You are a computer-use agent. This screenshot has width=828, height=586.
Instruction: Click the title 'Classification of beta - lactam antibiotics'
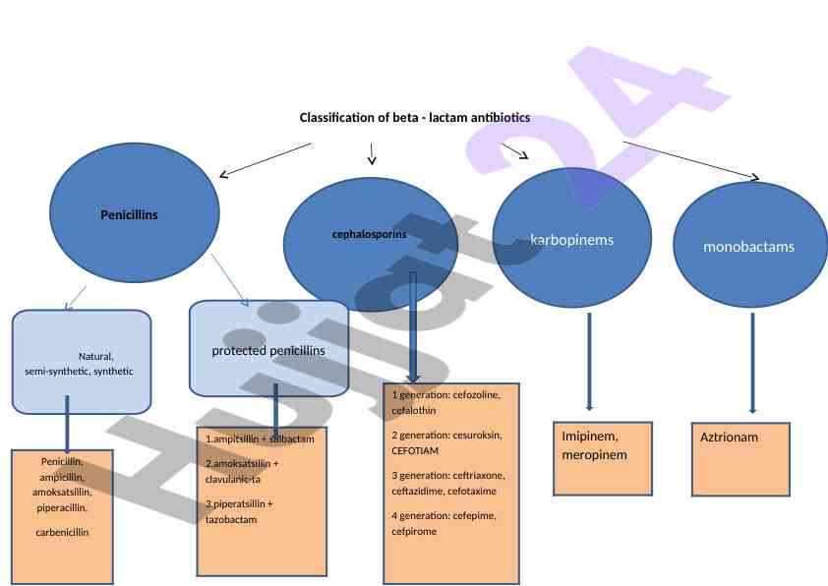pos(414,118)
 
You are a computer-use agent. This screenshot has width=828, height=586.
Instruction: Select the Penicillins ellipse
pos(134,213)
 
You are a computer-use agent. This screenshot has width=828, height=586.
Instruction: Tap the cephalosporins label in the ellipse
pos(369,235)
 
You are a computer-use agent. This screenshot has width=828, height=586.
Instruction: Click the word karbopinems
pos(571,240)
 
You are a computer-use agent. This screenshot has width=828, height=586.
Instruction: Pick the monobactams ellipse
pos(748,247)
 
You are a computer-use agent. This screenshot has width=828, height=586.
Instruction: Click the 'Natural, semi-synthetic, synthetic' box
pos(81,363)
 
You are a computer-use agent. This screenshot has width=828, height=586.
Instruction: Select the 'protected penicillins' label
pos(267,350)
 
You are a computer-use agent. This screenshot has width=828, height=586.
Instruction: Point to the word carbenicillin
pos(62,532)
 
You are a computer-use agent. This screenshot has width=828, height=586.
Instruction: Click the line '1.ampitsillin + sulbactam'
pos(260,439)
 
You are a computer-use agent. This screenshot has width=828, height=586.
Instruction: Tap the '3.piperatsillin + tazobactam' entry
pos(239,511)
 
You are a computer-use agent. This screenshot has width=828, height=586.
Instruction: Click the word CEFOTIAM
pos(415,450)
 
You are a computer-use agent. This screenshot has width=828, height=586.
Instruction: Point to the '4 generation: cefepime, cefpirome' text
pos(444,523)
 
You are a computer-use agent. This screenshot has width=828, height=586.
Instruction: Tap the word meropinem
pos(594,455)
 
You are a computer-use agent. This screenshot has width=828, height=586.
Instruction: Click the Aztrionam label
pos(729,437)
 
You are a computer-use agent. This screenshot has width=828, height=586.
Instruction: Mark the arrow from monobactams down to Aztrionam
pos(752,363)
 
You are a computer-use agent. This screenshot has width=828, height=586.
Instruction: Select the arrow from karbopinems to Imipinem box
pos(589,361)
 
